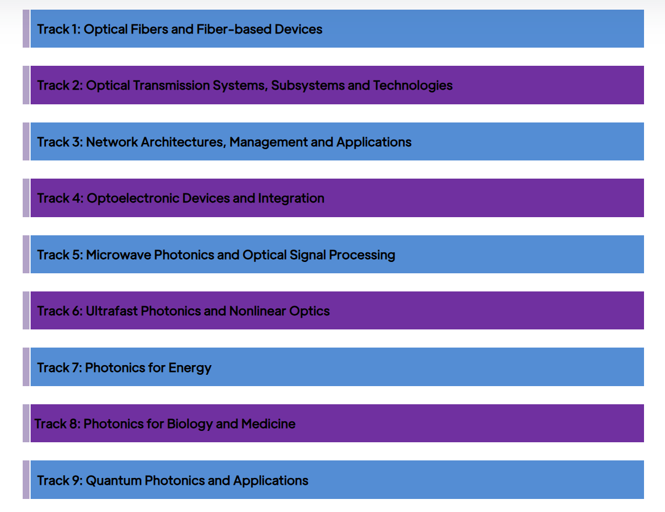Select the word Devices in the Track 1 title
coord(299,29)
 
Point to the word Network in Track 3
coord(112,142)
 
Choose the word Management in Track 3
coord(269,142)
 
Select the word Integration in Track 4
coord(291,198)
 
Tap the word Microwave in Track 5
coord(118,255)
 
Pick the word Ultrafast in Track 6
coord(112,311)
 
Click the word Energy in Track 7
coord(190,368)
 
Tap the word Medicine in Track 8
coord(269,424)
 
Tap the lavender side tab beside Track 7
coord(26,367)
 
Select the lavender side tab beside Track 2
coord(26,85)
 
